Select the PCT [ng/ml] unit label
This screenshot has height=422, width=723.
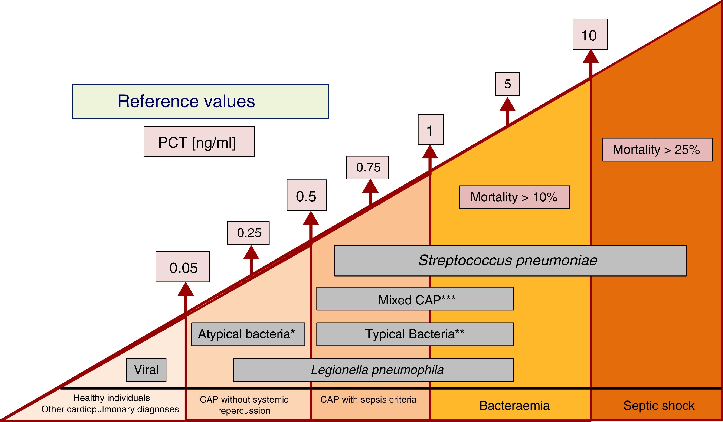click(199, 142)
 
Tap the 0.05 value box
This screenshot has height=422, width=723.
click(183, 267)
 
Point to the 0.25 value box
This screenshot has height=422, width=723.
click(248, 233)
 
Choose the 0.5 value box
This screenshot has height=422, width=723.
click(307, 195)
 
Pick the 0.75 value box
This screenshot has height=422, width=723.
click(367, 167)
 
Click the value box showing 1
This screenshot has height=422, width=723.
click(430, 130)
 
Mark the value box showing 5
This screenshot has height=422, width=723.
click(507, 84)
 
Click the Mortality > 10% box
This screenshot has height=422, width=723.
click(514, 197)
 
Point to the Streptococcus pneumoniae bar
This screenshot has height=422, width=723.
click(510, 261)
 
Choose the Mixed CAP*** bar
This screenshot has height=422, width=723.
click(415, 299)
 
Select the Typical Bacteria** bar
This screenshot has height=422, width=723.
click(415, 334)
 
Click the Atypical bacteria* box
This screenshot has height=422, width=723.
click(248, 334)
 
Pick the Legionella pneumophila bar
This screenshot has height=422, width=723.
click(373, 370)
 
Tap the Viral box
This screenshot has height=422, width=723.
click(146, 370)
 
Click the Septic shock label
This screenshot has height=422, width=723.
click(659, 406)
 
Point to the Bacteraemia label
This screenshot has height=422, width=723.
click(514, 406)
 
